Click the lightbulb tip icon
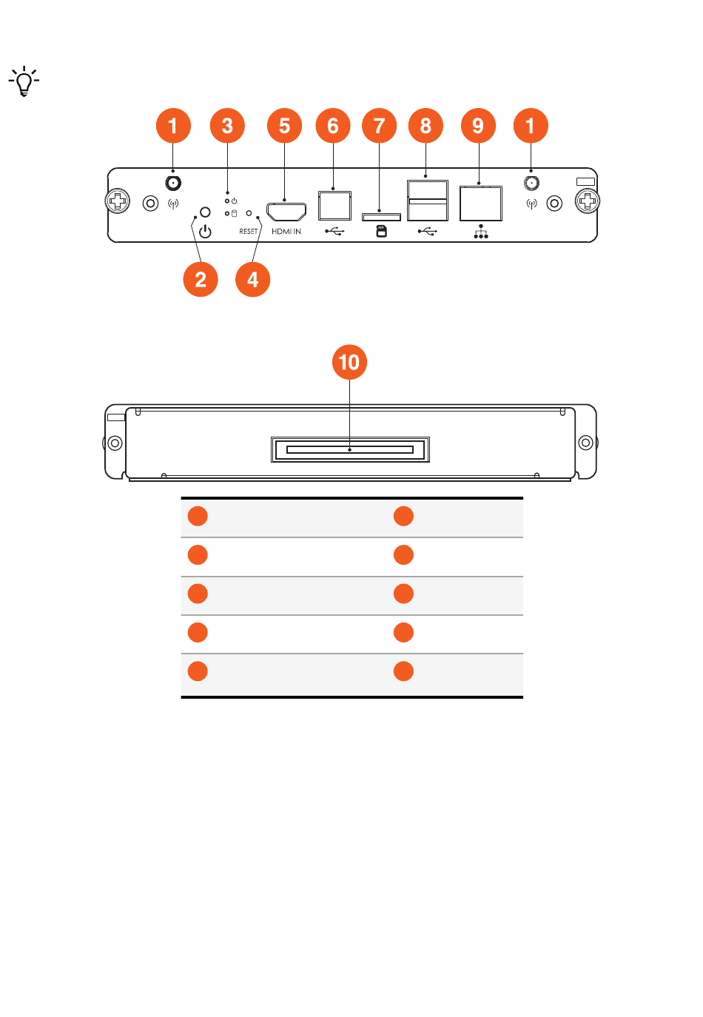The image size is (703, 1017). coord(24,81)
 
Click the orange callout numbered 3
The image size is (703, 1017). coord(227,126)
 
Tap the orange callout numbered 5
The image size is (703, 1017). coord(284,126)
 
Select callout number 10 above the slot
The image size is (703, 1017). coord(349,362)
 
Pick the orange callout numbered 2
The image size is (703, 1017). coord(201,279)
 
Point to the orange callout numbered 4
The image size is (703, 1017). coord(252,279)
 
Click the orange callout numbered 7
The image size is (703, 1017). coord(379,126)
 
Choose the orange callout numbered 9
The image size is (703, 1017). coord(478,126)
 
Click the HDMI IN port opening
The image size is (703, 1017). coord(286,211)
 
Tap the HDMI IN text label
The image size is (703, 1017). coord(286,232)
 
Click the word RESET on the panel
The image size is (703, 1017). coord(249,232)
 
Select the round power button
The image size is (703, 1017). coord(205,212)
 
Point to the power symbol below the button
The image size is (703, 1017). coord(205,232)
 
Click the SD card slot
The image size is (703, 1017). coord(381,217)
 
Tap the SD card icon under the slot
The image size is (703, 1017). coord(382,232)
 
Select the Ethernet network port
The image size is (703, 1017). coord(481,204)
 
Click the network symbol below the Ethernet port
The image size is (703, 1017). coord(481,232)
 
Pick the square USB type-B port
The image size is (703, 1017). coord(334,205)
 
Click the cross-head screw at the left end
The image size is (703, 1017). coord(118,201)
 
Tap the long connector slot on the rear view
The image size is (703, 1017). coord(350,449)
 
